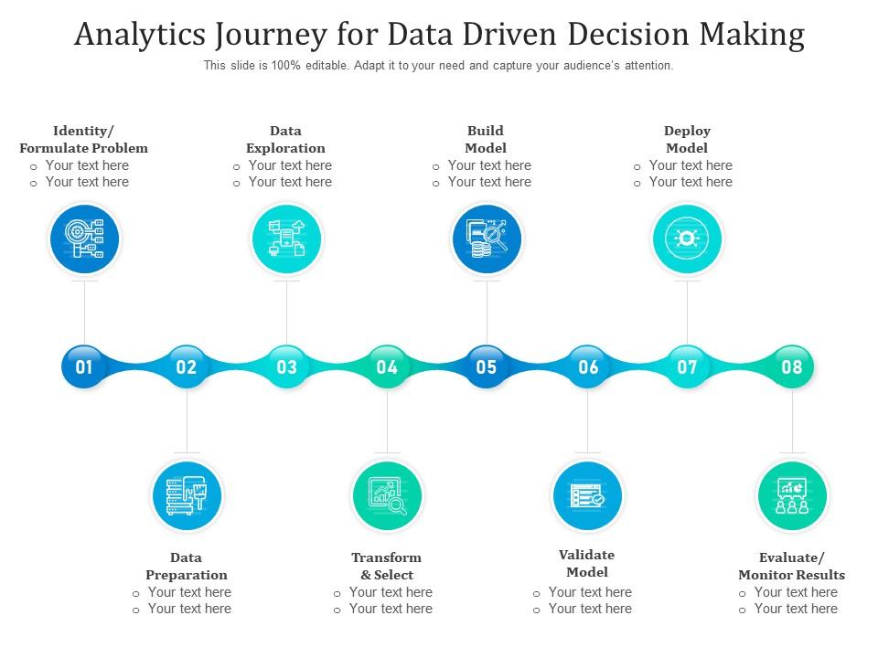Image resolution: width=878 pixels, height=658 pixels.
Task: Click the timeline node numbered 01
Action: tap(84, 366)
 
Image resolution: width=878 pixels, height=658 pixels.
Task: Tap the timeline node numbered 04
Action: tap(387, 366)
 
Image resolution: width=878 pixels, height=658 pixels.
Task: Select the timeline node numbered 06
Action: tap(588, 366)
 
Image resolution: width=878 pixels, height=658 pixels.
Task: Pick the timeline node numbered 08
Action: tap(792, 366)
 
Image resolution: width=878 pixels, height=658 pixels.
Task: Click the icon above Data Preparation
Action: tap(187, 495)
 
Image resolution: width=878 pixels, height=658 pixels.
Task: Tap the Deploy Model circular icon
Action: tap(687, 239)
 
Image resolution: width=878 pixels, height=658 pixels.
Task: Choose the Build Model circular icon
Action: tap(487, 239)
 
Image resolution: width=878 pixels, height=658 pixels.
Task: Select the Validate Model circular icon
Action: tap(587, 495)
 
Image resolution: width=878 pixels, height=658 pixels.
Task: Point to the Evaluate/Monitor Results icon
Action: tap(792, 495)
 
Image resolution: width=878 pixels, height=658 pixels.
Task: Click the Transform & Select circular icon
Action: tap(387, 495)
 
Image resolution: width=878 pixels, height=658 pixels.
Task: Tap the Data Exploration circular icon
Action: tap(286, 239)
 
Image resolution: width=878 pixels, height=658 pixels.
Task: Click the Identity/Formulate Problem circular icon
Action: tap(84, 239)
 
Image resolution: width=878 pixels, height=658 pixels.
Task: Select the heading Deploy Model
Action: tap(687, 139)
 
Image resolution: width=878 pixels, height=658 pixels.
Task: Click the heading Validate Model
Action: tap(587, 563)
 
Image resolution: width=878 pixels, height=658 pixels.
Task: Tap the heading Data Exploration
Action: tap(285, 139)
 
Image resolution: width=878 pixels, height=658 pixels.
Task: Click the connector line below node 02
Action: tap(187, 420)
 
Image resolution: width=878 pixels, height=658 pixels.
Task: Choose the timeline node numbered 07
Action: tap(687, 366)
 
